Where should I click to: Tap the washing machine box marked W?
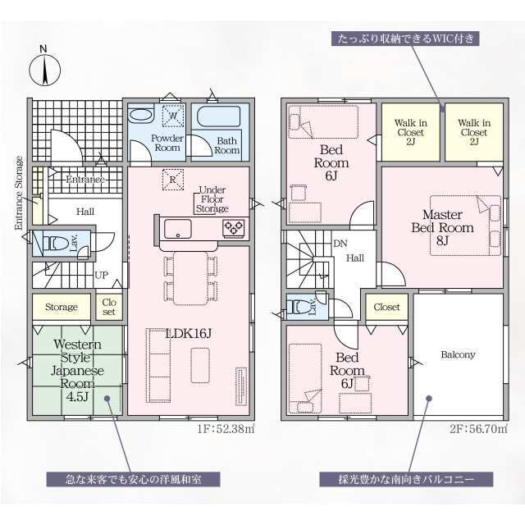coord(173,116)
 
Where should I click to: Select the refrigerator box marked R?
coord(173,180)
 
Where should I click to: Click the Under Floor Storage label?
coord(212,199)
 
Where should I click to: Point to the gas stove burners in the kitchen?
coord(234,227)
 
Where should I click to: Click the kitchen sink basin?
coord(178,228)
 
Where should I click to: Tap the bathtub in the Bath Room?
coord(219,116)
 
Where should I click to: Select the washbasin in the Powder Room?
coord(141,115)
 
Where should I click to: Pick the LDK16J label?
coord(189,333)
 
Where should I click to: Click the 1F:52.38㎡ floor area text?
coord(226,428)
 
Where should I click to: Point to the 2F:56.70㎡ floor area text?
coord(478,428)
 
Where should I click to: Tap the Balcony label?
coord(458,354)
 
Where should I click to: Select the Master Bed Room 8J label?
coord(442,227)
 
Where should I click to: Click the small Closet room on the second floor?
coord(386,307)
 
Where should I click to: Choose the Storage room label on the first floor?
coord(62,307)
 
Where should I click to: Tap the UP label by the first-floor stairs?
coord(101,276)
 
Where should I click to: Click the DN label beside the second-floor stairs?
coord(340,244)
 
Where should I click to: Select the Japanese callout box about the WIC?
coord(405,39)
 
